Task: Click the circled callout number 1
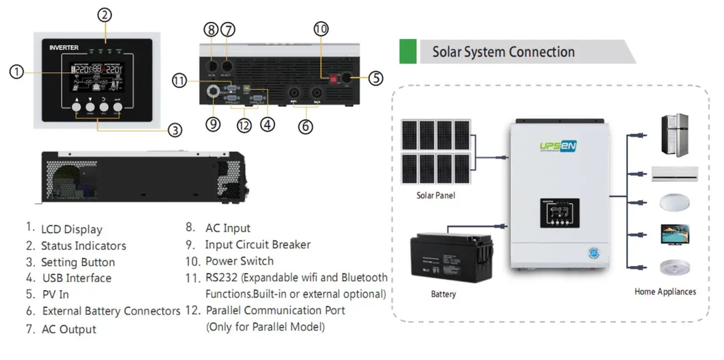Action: (18, 71)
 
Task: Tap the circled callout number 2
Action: (103, 14)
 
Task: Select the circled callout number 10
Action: (321, 29)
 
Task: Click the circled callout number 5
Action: (376, 78)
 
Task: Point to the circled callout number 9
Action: (213, 125)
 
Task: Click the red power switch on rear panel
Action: (335, 79)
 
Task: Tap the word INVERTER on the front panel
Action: (64, 47)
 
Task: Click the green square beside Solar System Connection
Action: (408, 52)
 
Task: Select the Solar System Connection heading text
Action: (503, 52)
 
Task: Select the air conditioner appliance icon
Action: (674, 174)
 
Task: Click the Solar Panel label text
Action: (436, 195)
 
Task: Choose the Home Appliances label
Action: (664, 292)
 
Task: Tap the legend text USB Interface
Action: (76, 278)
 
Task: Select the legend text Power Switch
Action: (239, 261)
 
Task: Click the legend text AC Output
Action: (68, 329)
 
